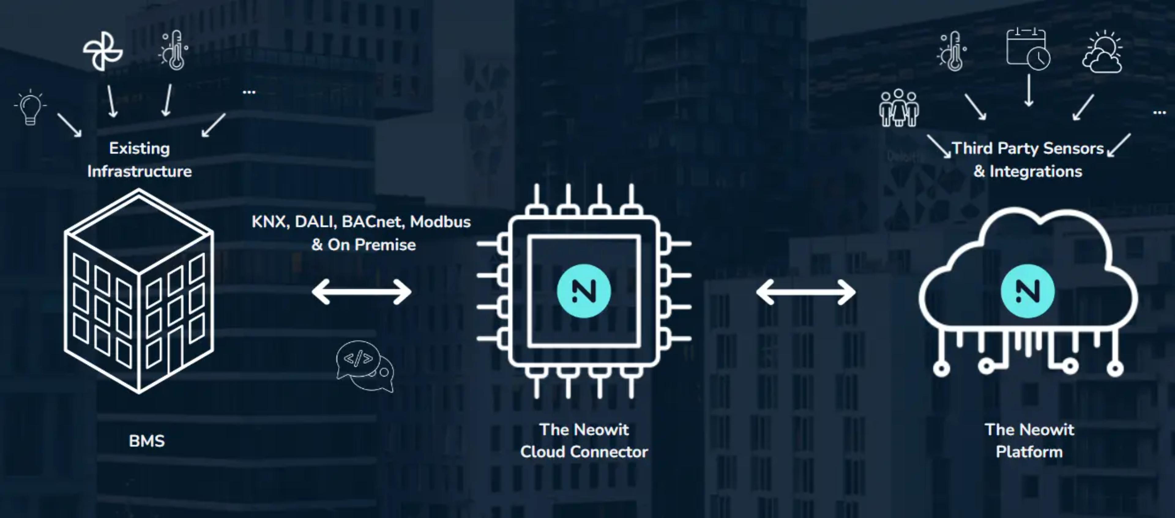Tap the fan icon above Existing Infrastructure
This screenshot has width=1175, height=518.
(103, 51)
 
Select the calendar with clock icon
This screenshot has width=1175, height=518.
(1028, 49)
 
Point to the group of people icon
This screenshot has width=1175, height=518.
(899, 108)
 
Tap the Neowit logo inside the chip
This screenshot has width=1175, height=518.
(584, 291)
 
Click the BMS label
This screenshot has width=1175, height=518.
(147, 441)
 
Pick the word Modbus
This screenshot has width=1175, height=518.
(440, 222)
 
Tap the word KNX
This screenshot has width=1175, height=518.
(270, 222)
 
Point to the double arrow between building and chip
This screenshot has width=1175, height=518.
(361, 292)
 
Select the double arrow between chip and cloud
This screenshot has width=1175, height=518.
(806, 292)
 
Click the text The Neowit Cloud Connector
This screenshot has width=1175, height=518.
(584, 441)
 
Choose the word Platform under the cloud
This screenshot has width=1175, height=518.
(1029, 452)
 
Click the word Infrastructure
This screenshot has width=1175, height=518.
(140, 172)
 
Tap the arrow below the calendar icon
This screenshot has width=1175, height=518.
(1028, 90)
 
